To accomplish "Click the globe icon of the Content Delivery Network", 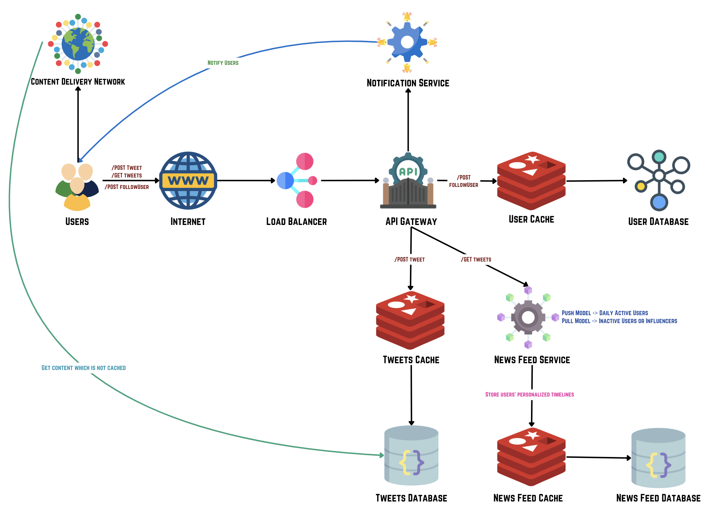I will pos(78,44).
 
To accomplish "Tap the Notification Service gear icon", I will pos(407,42).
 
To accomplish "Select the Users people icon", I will pos(77,186).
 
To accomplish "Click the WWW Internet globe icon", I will pos(188,180).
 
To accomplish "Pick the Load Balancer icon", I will pos(297,180).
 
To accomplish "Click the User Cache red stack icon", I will pos(531,180).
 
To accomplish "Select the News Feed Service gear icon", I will pos(528,318).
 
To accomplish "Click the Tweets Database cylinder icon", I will pos(411,455).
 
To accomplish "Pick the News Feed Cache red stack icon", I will pos(531,456).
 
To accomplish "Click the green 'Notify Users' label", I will pos(223,63).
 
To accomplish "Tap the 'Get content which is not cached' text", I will pos(83,368).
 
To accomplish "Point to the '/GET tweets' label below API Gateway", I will pos(476,260).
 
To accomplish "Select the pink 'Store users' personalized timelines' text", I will pos(529,395).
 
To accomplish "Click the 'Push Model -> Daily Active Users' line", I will pos(605,313).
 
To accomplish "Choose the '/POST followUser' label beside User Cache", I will pos(463,181).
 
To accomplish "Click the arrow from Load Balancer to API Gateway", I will pos(350,180).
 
